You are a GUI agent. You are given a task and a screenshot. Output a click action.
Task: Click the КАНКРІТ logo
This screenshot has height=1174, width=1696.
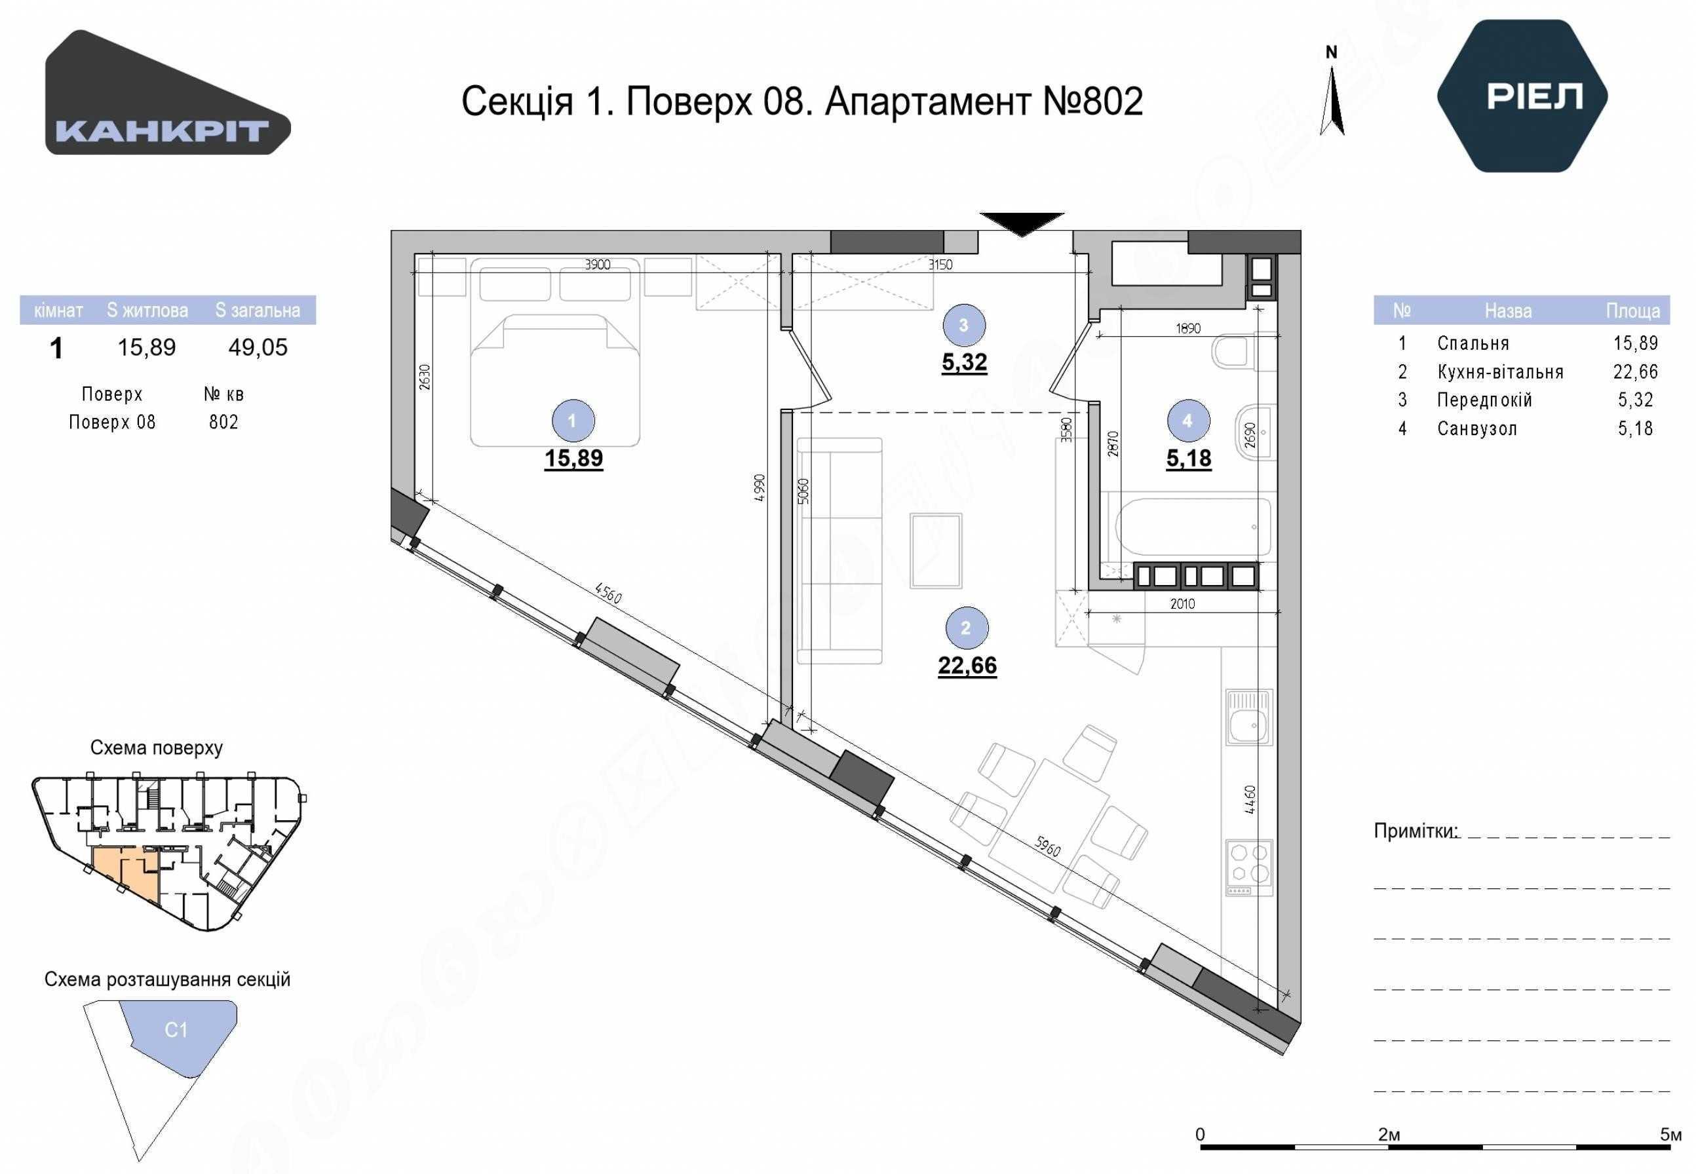[168, 92]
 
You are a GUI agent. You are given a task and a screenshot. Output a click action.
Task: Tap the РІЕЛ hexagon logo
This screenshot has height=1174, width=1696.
[1522, 96]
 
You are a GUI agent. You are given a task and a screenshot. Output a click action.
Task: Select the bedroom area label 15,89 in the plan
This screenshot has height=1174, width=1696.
[574, 459]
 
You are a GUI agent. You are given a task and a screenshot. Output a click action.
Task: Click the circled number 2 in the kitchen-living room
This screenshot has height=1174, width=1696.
[966, 628]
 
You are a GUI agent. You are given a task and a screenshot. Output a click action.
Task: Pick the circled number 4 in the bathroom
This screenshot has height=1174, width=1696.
[1187, 421]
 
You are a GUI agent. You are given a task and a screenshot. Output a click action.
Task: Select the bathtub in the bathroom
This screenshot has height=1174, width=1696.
[1193, 527]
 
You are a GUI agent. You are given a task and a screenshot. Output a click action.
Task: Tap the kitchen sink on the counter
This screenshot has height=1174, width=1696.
[1249, 719]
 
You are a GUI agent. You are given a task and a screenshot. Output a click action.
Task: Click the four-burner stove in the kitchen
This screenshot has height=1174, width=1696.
[1249, 867]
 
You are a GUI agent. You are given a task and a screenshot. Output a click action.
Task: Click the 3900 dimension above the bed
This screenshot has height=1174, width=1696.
[598, 265]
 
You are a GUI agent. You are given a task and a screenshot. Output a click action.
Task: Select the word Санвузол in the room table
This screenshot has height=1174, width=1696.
[1476, 429]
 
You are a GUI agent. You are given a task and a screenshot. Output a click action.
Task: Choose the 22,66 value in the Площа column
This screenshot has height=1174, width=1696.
[1636, 372]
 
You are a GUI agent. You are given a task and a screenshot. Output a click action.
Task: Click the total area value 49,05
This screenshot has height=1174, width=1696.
[258, 347]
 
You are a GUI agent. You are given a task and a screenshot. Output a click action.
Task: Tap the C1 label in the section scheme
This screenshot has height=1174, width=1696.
[176, 1030]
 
